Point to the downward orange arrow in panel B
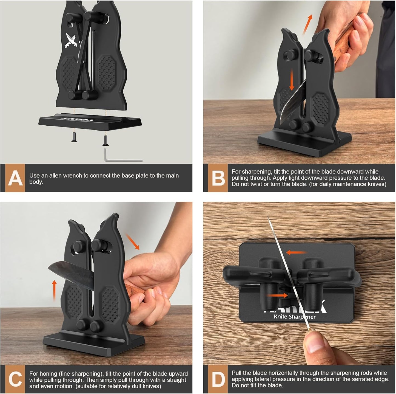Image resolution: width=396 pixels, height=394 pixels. (292, 79)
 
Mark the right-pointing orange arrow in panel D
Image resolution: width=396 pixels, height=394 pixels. (277, 295)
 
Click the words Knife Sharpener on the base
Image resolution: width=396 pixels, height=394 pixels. (295, 317)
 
